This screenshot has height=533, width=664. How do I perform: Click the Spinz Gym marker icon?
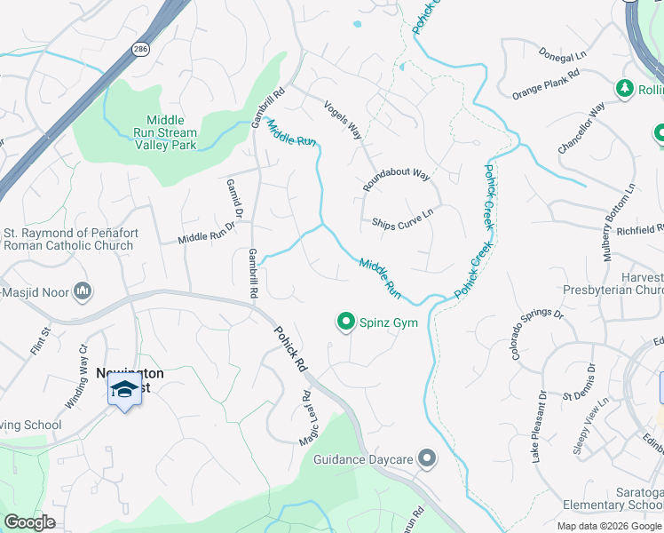[345, 322]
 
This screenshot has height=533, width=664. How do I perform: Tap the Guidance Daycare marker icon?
[428, 459]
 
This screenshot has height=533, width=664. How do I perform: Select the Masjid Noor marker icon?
[83, 290]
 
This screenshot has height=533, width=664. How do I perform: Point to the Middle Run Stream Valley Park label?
[166, 132]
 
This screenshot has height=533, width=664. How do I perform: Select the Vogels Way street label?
[343, 119]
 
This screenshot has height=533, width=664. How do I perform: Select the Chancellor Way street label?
[581, 127]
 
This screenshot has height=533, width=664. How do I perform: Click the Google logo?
[30, 522]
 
